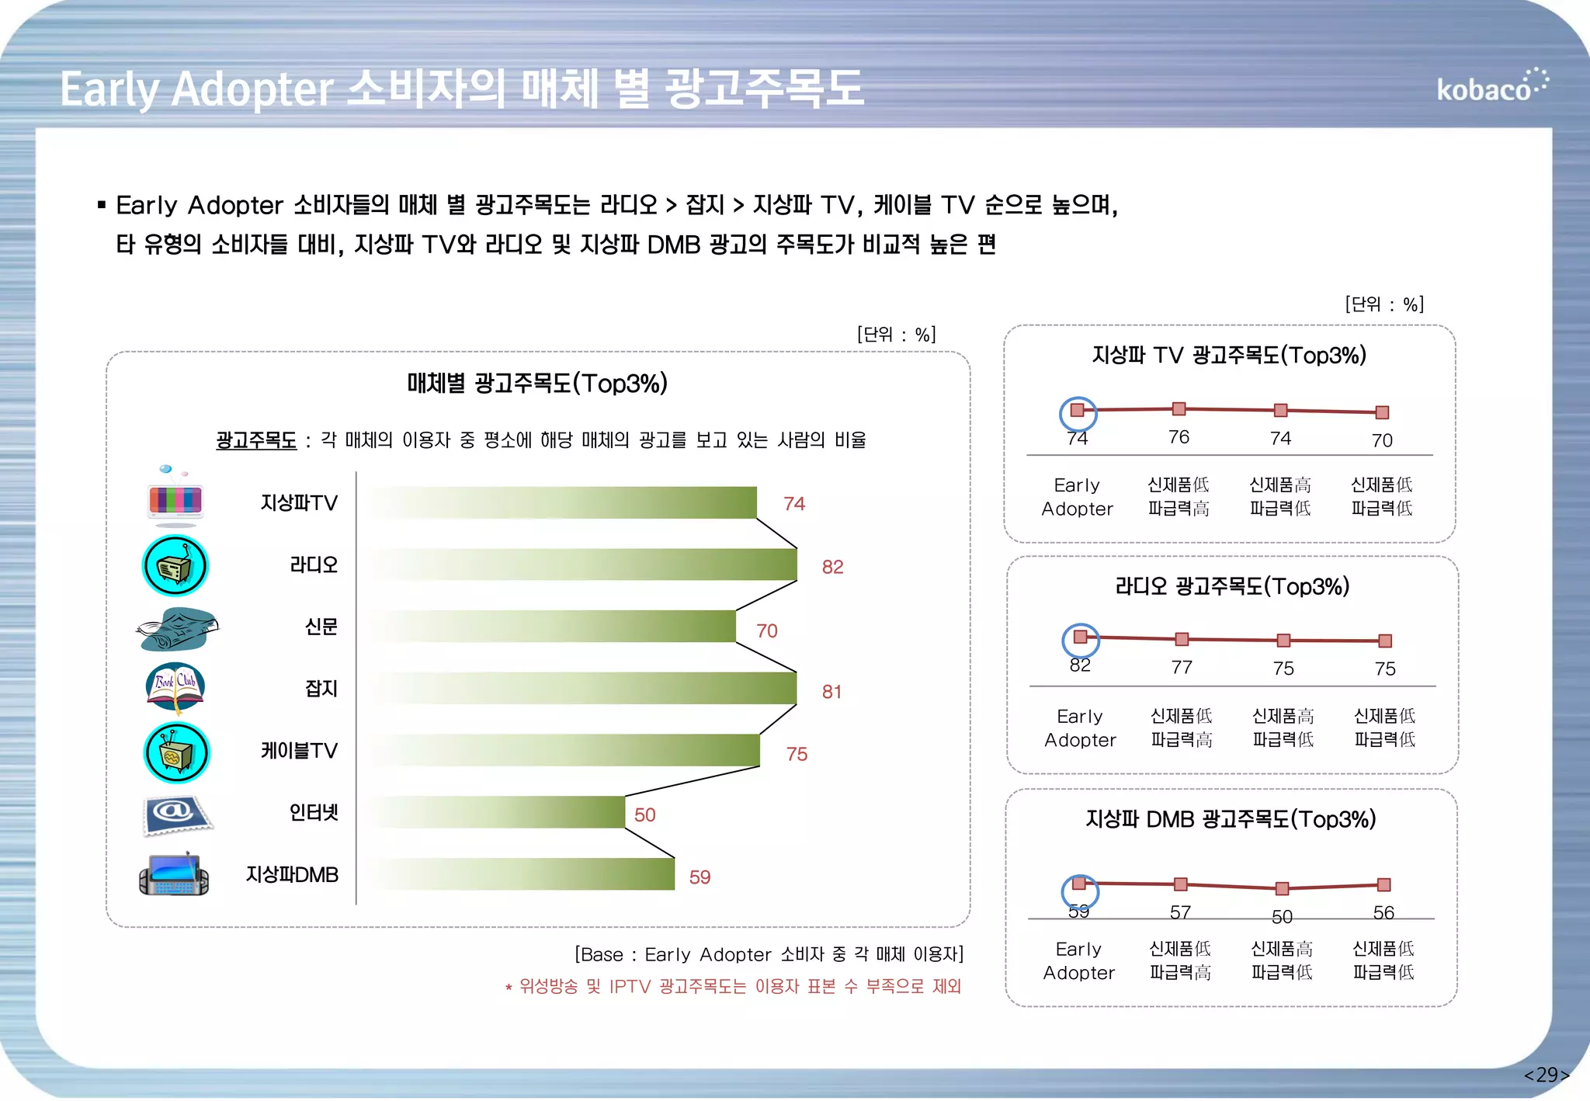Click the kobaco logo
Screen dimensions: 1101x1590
[x=1491, y=87]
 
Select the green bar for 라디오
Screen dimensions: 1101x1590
[x=582, y=564]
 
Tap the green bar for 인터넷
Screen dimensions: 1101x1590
[x=497, y=812]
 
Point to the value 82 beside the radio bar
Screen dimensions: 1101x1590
[x=832, y=567]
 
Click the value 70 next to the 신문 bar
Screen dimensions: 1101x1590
[x=767, y=630]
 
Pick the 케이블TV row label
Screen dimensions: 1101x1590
[x=299, y=751]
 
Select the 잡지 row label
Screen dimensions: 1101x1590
[x=321, y=689]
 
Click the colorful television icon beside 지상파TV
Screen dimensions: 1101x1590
[x=175, y=498]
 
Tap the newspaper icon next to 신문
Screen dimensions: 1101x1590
[x=177, y=629]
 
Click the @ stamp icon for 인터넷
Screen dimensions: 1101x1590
[x=176, y=814]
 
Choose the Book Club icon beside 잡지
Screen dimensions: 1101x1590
[x=175, y=687]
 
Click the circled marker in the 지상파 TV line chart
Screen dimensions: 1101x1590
[x=1078, y=410]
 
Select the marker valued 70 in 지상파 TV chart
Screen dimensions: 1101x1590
[x=1382, y=412]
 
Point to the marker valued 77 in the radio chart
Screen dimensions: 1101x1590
[x=1182, y=639]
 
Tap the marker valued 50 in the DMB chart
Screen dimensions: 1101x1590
[x=1282, y=888]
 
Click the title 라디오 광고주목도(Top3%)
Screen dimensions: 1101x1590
[x=1232, y=586]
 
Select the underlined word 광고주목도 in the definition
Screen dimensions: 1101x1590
[x=256, y=440]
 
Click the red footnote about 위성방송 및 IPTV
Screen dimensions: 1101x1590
[x=733, y=986]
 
